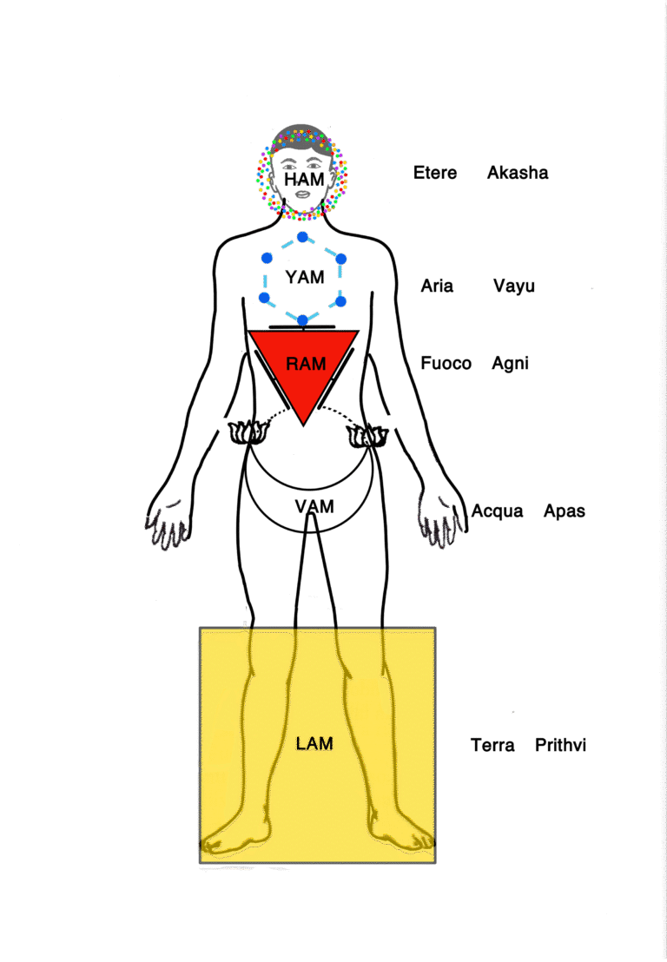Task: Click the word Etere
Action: tap(435, 173)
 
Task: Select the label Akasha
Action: tap(518, 173)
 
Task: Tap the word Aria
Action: tap(437, 286)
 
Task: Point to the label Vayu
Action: tap(514, 286)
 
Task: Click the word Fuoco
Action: tap(446, 363)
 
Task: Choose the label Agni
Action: tap(511, 363)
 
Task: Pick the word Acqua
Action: tap(498, 511)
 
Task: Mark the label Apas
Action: tap(565, 511)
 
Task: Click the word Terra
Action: tap(492, 745)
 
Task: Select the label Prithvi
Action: tap(561, 745)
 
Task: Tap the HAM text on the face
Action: tap(303, 179)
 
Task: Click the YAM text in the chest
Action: tap(304, 278)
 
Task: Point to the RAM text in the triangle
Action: tap(306, 363)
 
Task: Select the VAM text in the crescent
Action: tap(314, 506)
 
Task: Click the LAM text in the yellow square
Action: tap(314, 743)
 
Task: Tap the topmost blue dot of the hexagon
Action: tap(302, 237)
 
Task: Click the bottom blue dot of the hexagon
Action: tap(302, 320)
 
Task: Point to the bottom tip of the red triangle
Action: tap(302, 424)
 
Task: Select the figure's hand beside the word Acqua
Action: tap(442, 521)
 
